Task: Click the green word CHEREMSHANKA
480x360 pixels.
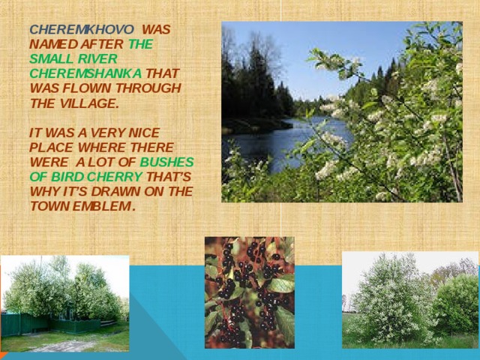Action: (x=85, y=74)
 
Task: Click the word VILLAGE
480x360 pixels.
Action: (x=87, y=103)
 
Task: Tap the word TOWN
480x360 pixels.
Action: (x=51, y=206)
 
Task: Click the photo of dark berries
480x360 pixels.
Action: (x=249, y=292)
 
